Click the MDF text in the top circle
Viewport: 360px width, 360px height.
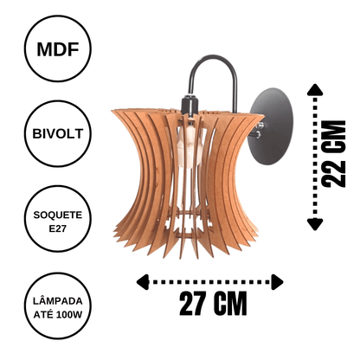coord(58,49)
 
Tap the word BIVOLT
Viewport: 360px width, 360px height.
coord(58,134)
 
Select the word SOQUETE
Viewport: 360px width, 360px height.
coord(58,215)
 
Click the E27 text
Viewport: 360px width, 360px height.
coord(58,228)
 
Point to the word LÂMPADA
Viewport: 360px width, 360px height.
coord(58,301)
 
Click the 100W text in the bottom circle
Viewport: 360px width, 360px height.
coord(69,315)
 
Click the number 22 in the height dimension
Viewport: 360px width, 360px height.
coord(333,173)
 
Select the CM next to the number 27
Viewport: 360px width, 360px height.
coord(230,304)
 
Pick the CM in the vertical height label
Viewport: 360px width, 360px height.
coord(333,137)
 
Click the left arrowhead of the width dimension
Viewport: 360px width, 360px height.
coord(143,282)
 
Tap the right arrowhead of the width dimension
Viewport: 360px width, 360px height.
coord(277,282)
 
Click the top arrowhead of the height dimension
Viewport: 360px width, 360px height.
coord(315,90)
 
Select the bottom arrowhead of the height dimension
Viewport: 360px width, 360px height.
coord(315,225)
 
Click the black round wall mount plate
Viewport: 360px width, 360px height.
coord(273,126)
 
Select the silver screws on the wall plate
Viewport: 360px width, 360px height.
coord(259,130)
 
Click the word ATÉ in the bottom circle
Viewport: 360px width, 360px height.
coord(44,314)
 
